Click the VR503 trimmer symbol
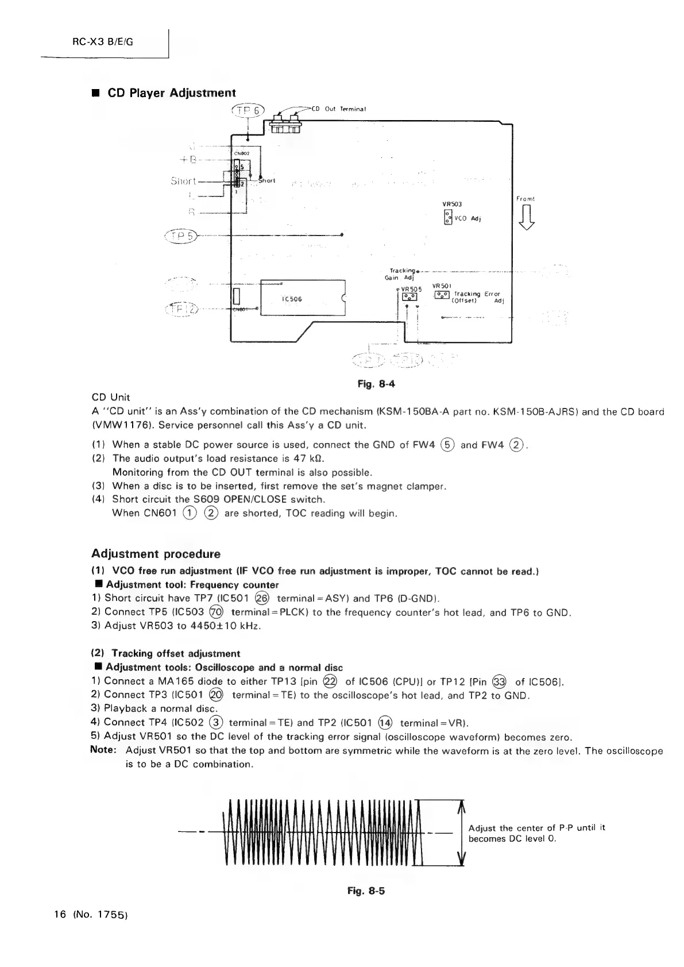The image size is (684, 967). point(447,217)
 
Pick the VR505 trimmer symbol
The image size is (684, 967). point(409,297)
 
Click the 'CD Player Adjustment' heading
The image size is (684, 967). point(172,93)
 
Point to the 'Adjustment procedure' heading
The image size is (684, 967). point(156,554)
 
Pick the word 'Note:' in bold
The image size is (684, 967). point(104,750)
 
